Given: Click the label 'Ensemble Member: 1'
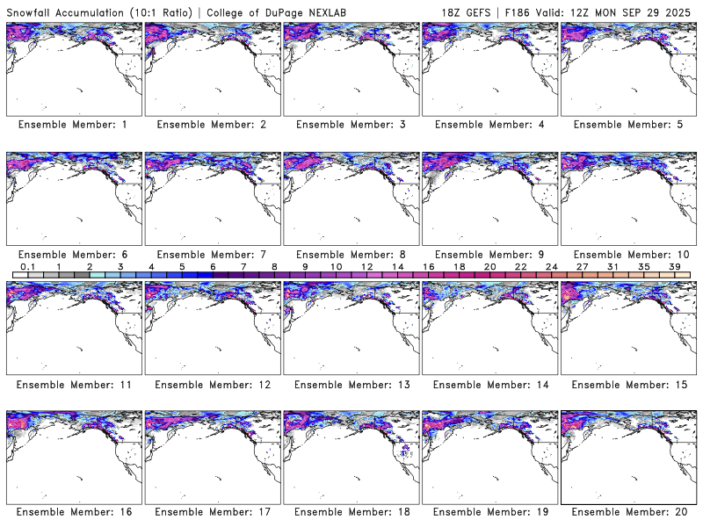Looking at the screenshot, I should (72, 125).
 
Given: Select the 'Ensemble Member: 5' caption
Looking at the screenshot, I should (627, 125).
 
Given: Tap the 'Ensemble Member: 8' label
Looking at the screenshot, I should (350, 254).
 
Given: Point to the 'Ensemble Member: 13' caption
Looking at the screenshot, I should (350, 384).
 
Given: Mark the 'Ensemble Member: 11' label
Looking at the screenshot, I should (72, 384).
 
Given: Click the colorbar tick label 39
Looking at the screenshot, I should (675, 266).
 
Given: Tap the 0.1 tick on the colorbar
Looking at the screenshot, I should (27, 266).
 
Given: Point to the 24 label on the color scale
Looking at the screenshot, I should (551, 266).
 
